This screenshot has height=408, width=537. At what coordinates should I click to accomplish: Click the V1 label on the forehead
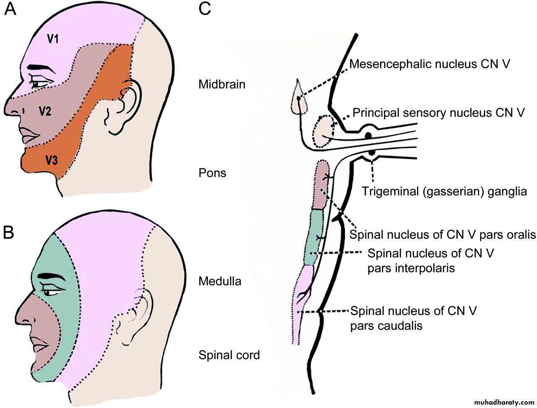coord(53,39)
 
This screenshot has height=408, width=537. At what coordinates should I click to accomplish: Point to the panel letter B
coord(9,233)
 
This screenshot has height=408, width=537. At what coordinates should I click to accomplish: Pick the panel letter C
coord(204,9)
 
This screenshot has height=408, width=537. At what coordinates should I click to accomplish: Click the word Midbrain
coord(222,84)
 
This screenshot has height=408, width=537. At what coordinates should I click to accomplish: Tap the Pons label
coord(212,173)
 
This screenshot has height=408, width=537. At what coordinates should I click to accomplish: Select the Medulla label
coord(220,281)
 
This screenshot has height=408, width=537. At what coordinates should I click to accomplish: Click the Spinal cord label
coord(229,355)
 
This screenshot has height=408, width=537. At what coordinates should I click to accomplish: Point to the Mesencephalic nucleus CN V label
coord(430,64)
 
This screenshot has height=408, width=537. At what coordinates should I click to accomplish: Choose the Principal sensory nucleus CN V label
coord(438,113)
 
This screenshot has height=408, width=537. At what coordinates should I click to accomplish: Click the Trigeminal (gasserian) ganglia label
coord(444,191)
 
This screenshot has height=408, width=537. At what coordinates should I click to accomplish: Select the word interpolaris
coord(411,268)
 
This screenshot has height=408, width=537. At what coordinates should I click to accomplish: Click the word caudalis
coord(386,325)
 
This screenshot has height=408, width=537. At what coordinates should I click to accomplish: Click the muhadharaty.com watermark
coord(501,401)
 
